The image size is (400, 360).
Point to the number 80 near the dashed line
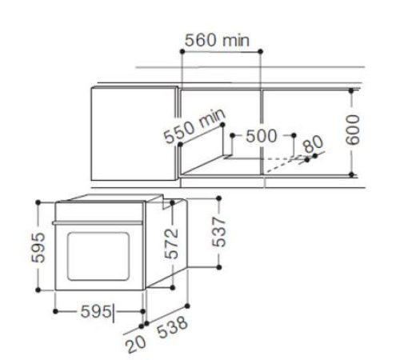[313, 145]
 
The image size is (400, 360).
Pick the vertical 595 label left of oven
[26, 247]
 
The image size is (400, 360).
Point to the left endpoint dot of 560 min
[182, 52]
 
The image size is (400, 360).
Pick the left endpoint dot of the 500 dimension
[230, 135]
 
